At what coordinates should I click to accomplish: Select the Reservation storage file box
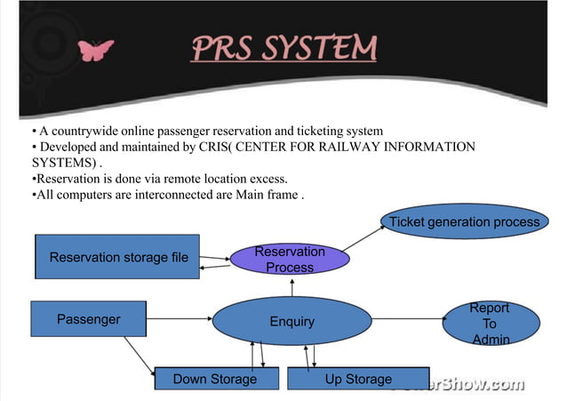pyautogui.click(x=117, y=257)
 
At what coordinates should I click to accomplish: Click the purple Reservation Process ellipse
pyautogui.click(x=290, y=259)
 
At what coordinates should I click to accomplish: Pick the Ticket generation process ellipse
pyautogui.click(x=464, y=221)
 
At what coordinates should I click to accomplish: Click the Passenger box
pyautogui.click(x=88, y=319)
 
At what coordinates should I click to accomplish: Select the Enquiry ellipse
pyautogui.click(x=291, y=321)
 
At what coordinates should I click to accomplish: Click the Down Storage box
pyautogui.click(x=215, y=379)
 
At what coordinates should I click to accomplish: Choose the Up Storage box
pyautogui.click(x=358, y=379)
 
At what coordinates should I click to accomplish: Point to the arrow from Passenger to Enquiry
pyautogui.click(x=178, y=318)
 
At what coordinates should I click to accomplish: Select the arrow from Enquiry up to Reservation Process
pyautogui.click(x=291, y=287)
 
